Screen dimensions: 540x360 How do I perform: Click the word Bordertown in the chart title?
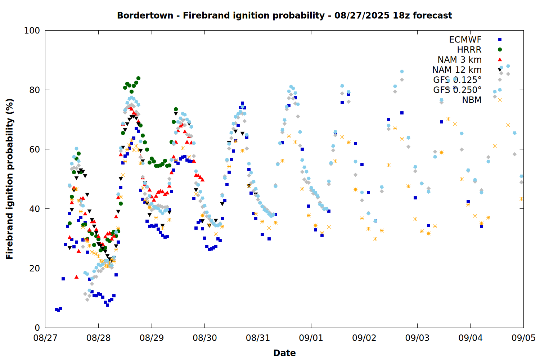pos(145,15)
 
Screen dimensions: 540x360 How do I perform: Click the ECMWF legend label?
pos(465,40)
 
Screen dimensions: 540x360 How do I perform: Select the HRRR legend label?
pos(469,50)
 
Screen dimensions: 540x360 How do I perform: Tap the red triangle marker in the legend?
pos(500,59)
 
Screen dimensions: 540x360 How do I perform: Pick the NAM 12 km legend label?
pos(457,70)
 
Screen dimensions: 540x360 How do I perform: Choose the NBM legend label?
pos(472,100)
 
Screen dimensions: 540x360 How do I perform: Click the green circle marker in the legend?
pos(500,49)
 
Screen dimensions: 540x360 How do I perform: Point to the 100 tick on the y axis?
pos(32,31)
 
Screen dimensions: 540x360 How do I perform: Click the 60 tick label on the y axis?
pos(35,149)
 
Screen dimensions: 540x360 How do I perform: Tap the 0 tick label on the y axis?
pos(37,328)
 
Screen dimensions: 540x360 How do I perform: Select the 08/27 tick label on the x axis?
pos(45,338)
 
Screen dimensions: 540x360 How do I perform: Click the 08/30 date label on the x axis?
pos(205,338)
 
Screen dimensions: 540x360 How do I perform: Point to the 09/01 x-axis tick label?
pos(311,338)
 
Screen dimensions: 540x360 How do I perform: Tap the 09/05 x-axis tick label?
pos(523,338)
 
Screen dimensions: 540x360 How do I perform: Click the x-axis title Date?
pos(284,353)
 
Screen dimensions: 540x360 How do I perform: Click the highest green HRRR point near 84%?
pos(138,78)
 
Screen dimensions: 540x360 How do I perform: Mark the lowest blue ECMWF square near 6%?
pos(58,310)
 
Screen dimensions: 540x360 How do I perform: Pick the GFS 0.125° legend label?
pos(457,80)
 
